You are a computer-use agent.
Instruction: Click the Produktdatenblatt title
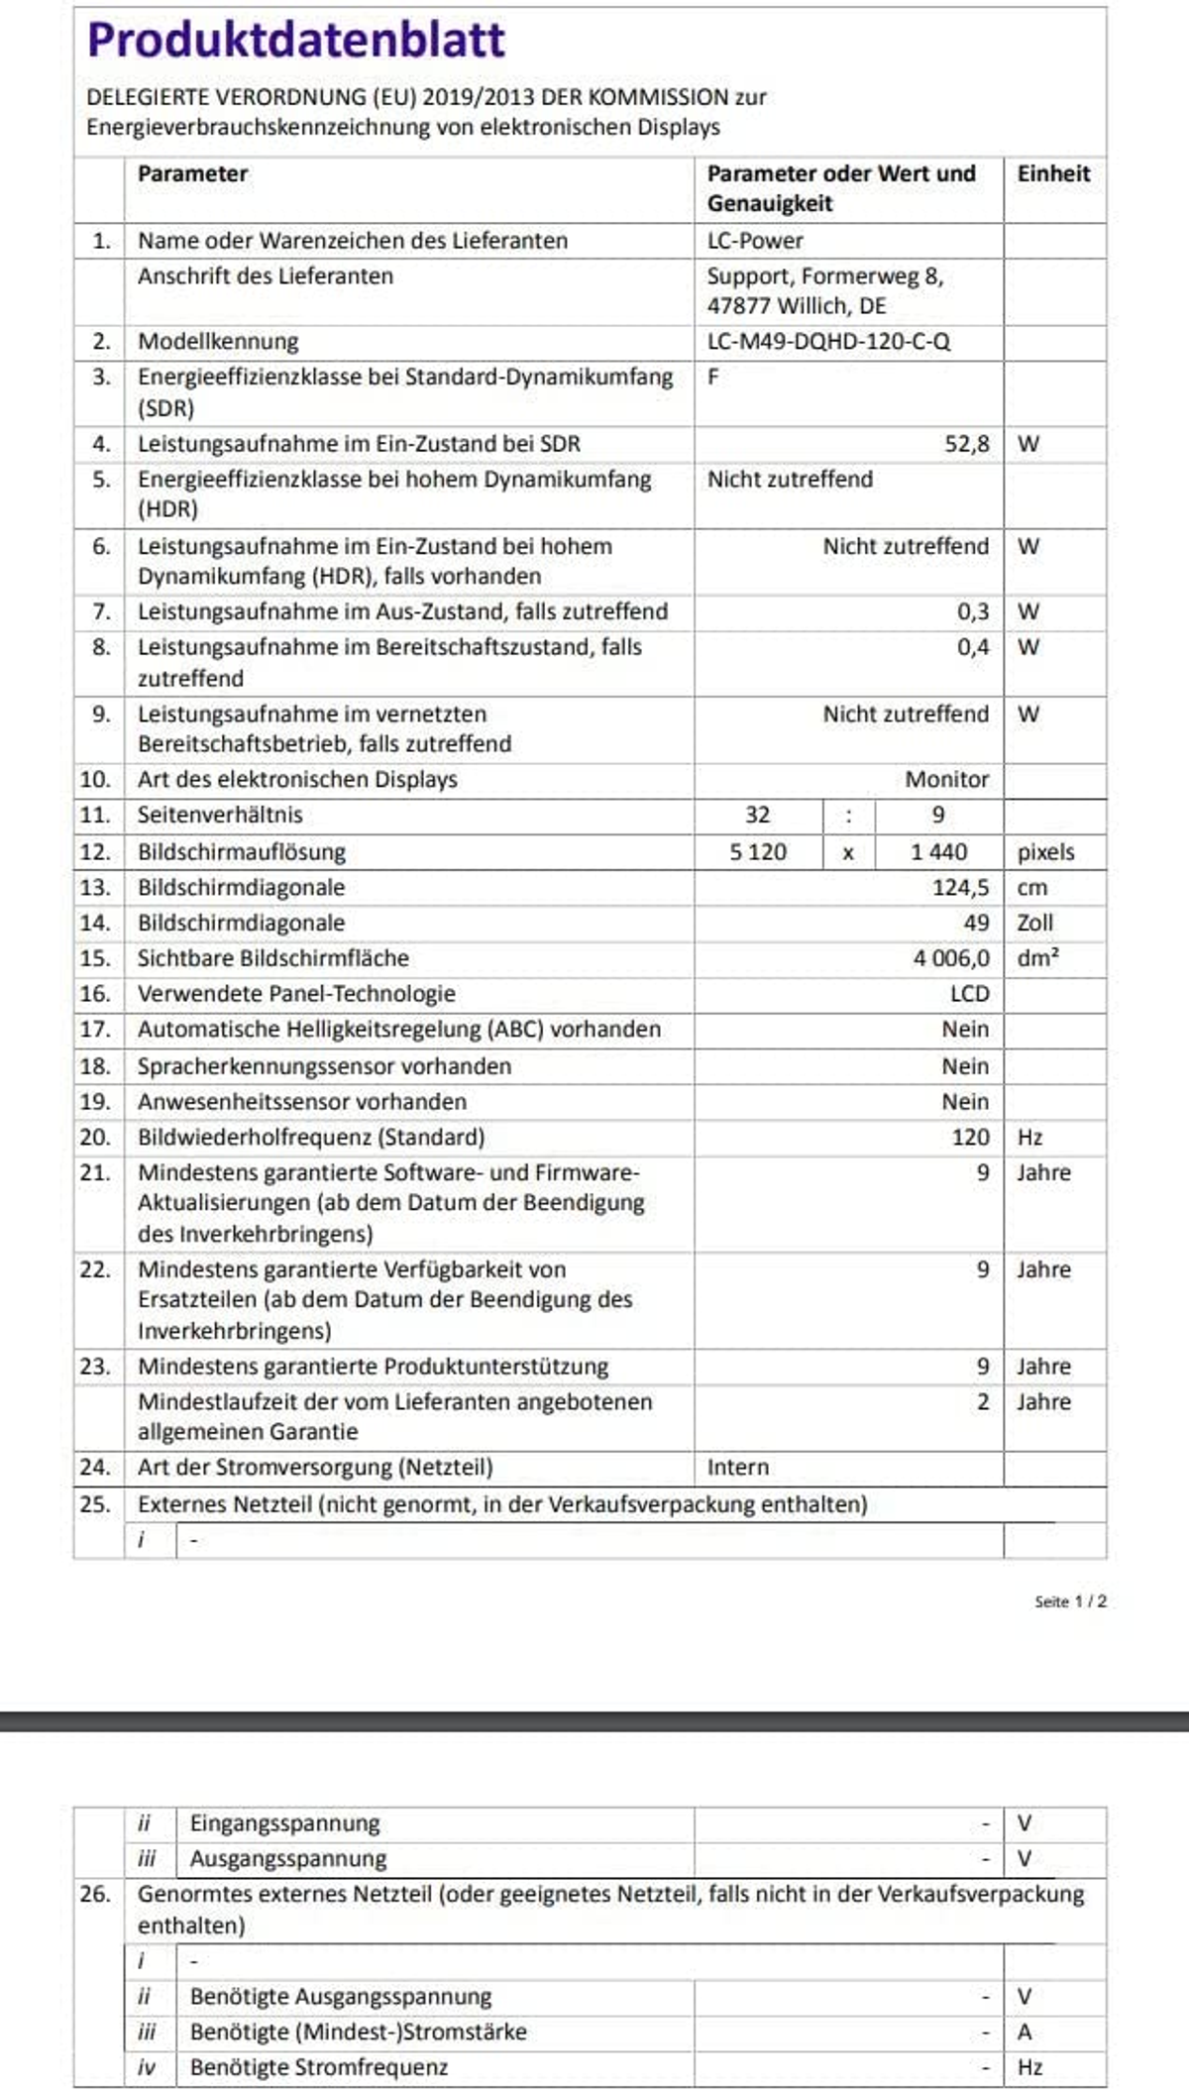coord(296,41)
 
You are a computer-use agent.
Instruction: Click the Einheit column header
coord(1052,173)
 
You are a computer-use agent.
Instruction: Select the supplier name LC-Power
coord(755,241)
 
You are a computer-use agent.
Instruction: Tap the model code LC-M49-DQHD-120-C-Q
coord(828,342)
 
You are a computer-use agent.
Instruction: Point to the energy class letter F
coord(713,378)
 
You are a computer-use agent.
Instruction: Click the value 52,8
coord(966,444)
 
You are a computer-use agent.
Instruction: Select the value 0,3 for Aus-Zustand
coord(972,611)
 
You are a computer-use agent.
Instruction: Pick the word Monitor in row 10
coord(946,780)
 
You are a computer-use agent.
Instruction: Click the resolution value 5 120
coord(758,852)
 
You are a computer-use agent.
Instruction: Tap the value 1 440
coord(938,852)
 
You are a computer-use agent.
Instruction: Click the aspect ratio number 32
coord(757,815)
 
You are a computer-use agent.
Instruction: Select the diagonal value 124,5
coord(960,888)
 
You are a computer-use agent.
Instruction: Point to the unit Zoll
coord(1034,923)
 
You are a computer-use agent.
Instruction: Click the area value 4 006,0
coord(951,958)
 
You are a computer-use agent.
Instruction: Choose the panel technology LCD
coord(969,994)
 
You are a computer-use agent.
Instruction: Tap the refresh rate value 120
coord(970,1138)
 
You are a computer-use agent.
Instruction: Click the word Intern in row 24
coord(737,1468)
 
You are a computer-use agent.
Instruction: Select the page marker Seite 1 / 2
coord(1070,1601)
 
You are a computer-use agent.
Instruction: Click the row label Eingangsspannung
coord(284,1823)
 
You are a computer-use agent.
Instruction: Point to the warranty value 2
coord(982,1402)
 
